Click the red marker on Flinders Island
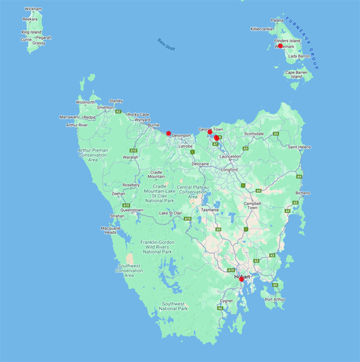[x=280, y=46]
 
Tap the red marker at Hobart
[x=241, y=279]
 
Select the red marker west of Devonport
[x=169, y=133]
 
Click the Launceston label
[x=230, y=156]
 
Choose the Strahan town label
[x=118, y=216]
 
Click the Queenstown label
[x=132, y=210]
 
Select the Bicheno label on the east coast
[x=304, y=193]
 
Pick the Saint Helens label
[x=299, y=147]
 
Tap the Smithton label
[x=105, y=107]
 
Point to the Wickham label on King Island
[x=33, y=10]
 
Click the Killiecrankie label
[x=262, y=29]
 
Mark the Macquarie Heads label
[x=110, y=230]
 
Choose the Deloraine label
[x=200, y=163]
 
